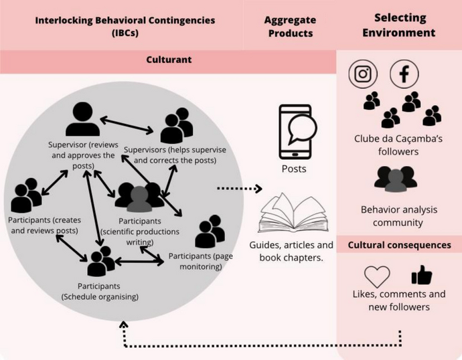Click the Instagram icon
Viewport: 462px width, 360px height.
coord(362,74)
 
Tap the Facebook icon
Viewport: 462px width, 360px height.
coord(404,74)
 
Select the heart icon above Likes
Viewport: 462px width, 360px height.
coord(377,276)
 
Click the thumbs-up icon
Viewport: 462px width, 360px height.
coord(421,275)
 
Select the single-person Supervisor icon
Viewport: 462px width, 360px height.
coord(82,120)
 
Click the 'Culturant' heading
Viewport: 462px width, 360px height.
coord(169,60)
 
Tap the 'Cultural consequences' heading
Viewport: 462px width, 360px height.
coord(399,245)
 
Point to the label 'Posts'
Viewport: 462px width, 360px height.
coord(294,169)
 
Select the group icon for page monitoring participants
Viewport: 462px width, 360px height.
coord(210,232)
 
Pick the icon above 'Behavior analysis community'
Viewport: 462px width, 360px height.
coord(396,179)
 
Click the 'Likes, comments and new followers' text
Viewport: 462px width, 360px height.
coord(398,300)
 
